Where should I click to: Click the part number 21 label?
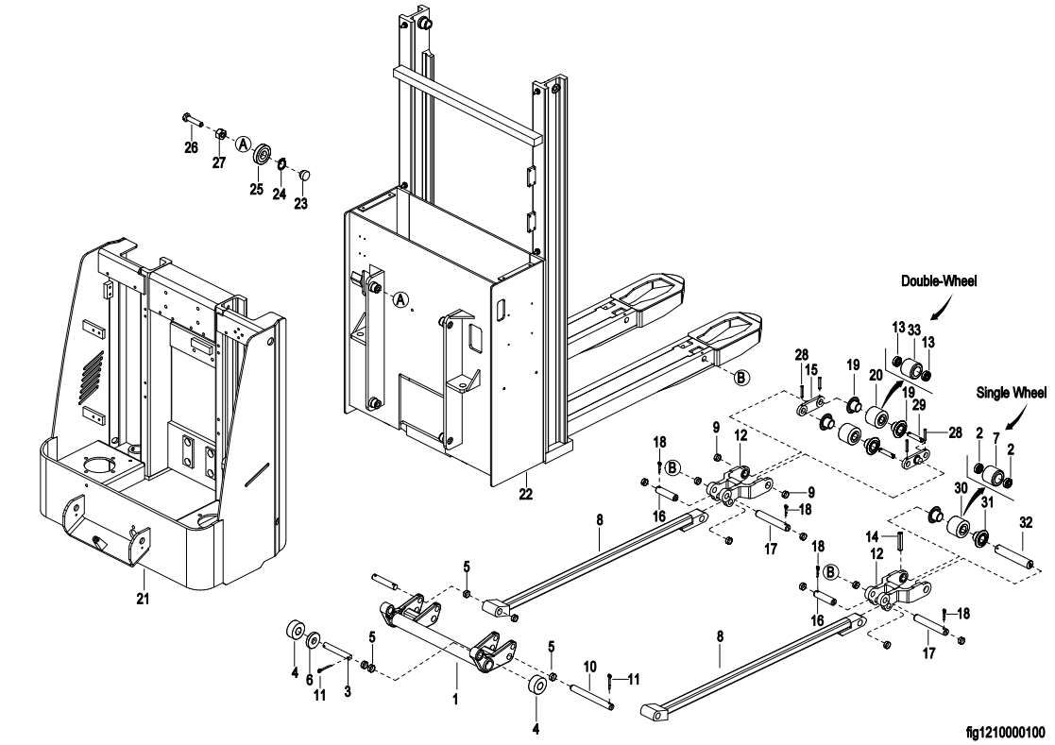(142, 597)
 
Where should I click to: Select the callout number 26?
(191, 148)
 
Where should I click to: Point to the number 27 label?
(219, 161)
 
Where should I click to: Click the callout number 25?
(256, 190)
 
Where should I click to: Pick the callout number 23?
(301, 202)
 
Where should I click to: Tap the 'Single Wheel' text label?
(1011, 393)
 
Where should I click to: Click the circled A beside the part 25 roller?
(243, 144)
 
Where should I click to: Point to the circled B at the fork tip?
(741, 377)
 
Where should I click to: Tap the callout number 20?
(875, 374)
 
